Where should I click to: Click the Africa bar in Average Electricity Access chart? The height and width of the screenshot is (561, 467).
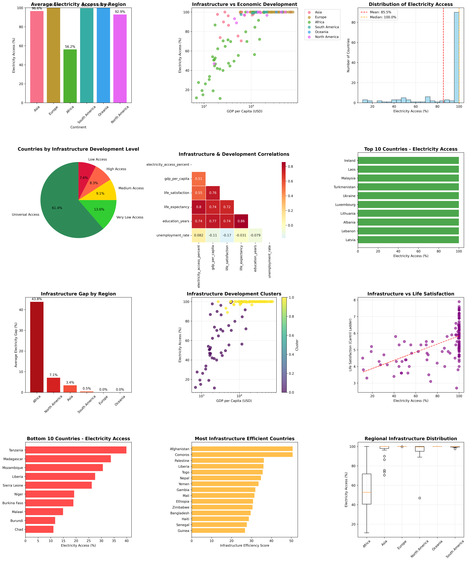70,76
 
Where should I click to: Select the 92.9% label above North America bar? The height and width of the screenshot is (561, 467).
120,12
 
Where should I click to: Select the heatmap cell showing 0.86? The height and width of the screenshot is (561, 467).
241,221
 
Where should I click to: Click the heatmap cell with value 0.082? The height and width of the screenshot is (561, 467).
199,235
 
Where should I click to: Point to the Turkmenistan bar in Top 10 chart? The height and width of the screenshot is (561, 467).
408,187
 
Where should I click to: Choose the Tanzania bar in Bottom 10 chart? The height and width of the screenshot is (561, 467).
76,450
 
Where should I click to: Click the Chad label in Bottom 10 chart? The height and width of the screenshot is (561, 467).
19,529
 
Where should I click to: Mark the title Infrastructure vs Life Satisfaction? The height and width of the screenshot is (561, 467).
411,294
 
